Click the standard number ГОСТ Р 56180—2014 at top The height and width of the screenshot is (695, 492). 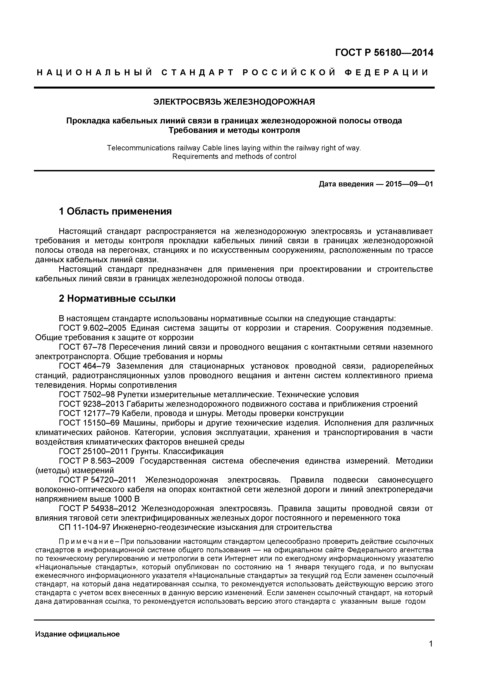coord(384,53)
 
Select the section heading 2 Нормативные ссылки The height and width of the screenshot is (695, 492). coord(117,299)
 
